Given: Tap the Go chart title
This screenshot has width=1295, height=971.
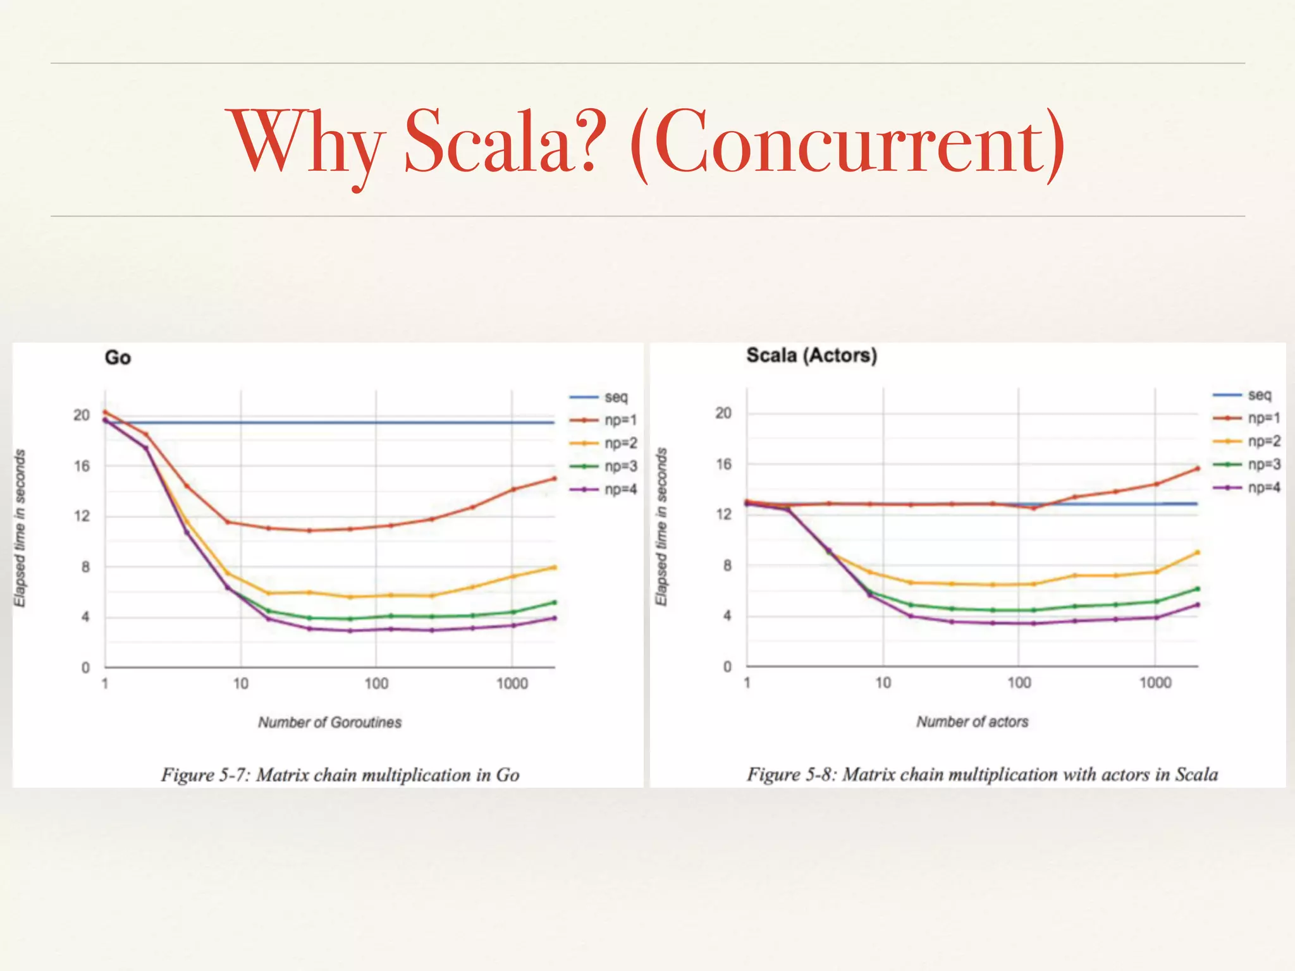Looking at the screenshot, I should point(118,358).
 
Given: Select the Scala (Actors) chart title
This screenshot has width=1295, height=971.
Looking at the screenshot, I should point(811,355).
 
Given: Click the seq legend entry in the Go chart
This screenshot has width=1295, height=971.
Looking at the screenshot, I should point(615,397).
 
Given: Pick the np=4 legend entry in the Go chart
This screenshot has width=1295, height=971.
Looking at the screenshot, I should point(620,489).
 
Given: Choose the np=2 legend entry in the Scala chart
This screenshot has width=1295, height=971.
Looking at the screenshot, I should point(1263,441).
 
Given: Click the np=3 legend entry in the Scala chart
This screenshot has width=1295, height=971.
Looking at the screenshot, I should point(1263,465).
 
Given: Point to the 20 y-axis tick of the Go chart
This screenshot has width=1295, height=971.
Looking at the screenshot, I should point(82,415).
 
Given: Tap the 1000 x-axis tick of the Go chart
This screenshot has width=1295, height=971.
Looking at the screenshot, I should point(512,683).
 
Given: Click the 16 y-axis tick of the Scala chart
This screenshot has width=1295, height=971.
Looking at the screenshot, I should point(723,465).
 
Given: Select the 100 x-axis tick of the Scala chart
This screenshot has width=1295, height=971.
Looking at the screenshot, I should point(1019,683).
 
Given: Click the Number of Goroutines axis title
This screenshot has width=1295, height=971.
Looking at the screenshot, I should point(329,722).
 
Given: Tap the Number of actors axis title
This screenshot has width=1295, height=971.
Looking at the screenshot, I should point(972,721).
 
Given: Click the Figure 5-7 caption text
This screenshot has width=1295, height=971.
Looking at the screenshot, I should point(340,775).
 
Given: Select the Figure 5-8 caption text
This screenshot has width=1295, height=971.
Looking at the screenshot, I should point(982,774).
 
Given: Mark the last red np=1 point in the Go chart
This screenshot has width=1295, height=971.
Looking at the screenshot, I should point(555,479).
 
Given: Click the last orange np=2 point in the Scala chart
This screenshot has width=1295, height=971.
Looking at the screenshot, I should point(1197,553).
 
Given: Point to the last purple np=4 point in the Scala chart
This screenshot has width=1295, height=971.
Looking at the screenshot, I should point(1197,605).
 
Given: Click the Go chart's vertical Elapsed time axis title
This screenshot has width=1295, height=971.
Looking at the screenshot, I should point(20,528).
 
